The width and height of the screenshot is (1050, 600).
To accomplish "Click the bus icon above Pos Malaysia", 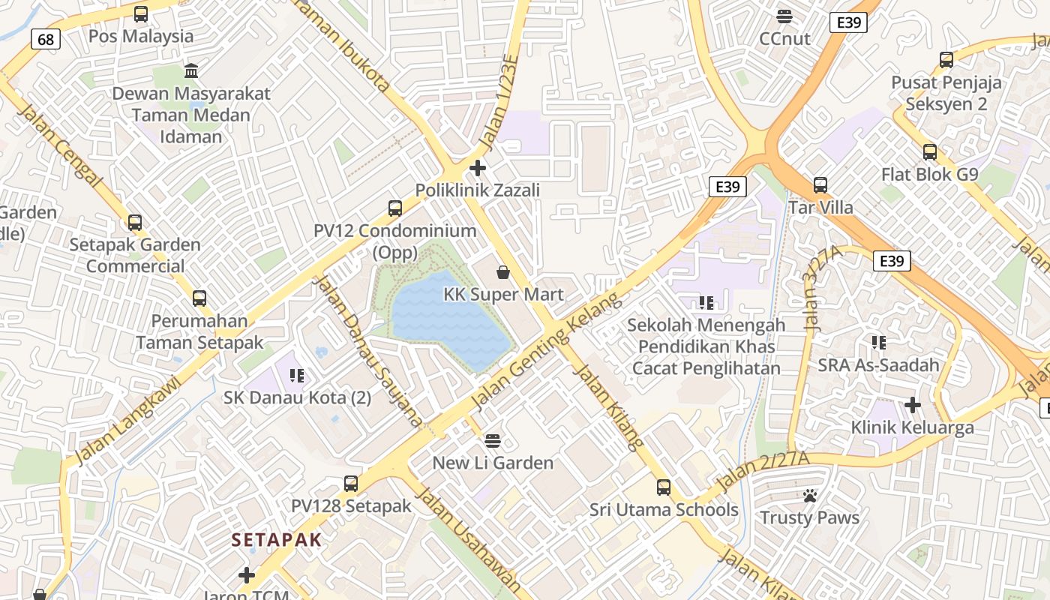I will (x=140, y=13).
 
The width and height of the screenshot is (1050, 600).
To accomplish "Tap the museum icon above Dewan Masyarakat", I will (x=191, y=71).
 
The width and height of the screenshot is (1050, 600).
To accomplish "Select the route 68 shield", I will (x=46, y=39).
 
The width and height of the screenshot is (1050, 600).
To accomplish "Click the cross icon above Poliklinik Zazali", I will (x=478, y=167).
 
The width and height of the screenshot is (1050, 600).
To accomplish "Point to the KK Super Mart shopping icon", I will (x=503, y=271).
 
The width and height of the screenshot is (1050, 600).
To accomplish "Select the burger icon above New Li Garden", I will (x=493, y=440).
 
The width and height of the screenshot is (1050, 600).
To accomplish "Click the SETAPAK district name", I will (x=277, y=539).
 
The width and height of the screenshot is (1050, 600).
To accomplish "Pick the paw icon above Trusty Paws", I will (x=809, y=495).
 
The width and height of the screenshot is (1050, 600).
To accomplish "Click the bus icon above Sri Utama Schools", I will (x=664, y=487).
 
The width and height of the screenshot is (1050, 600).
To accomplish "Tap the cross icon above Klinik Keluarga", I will (x=912, y=406).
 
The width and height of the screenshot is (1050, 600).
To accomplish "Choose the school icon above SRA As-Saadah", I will (x=879, y=343).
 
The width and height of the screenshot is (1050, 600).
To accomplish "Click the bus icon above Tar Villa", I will (x=820, y=184).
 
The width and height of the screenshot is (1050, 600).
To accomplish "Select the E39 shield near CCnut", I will (x=848, y=22).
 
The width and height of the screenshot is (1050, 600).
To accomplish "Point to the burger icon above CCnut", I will (x=784, y=16).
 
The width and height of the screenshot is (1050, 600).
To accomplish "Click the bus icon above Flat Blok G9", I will (x=930, y=152).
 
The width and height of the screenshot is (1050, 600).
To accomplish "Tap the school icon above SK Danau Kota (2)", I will (x=296, y=375).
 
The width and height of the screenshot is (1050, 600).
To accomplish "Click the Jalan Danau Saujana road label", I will (x=367, y=351).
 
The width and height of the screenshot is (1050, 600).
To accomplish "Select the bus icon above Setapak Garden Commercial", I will (x=135, y=222).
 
